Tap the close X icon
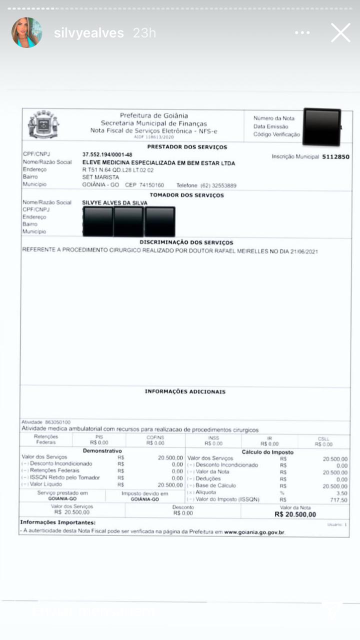coord(340,33)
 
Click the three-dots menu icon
coord(302,33)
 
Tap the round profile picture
coord(26,33)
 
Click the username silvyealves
coord(88,33)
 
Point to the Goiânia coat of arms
coord(43,124)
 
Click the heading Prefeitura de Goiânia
coord(153,116)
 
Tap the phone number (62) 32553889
coord(218,185)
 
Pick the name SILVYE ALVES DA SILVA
coord(114,203)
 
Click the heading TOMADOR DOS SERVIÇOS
coord(187,195)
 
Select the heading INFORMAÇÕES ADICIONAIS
coord(185,391)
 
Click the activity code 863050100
coord(57,422)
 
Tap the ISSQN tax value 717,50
coord(340,500)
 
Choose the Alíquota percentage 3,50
coord(342,493)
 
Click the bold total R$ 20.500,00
coord(295,514)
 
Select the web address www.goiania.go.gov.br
coord(254,532)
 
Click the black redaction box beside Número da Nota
coord(322,126)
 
